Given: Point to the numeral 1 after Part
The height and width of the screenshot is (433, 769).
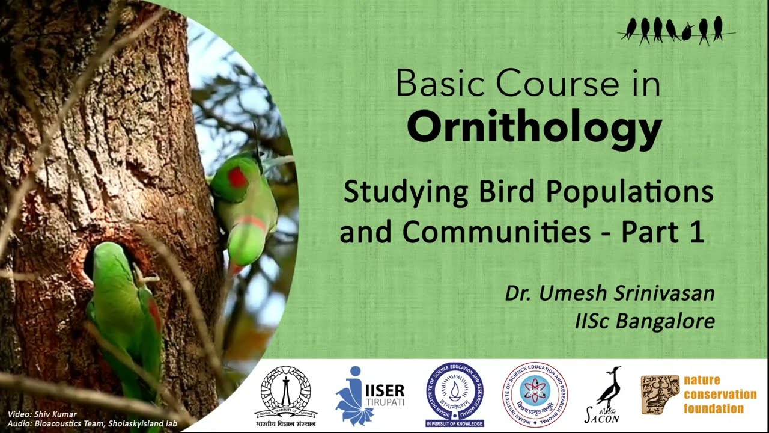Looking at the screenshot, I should tap(696, 232).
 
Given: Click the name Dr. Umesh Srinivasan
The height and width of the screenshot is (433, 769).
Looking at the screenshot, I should tap(609, 293).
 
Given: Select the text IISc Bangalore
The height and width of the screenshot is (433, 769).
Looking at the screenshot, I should tap(645, 321).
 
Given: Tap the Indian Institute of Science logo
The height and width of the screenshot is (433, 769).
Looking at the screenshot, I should tap(285, 394).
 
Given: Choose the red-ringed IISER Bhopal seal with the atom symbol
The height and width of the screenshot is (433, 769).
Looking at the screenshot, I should tap(534, 394).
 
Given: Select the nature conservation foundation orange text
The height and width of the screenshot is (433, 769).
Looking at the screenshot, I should tap(719, 395).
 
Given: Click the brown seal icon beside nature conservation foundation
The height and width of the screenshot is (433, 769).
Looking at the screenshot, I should tap(660, 395).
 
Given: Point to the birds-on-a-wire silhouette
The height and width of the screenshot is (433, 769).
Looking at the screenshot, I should tap(675, 30).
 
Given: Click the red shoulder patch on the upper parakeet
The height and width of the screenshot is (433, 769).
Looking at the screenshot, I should tap(238, 177).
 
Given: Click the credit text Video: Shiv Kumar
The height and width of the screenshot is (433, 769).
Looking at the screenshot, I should tap(42, 414).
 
